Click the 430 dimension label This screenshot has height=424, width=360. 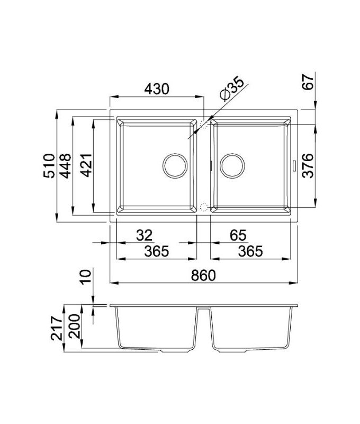[157, 89]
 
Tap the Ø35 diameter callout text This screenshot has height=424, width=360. [232, 89]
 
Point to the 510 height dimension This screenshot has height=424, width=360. [49, 165]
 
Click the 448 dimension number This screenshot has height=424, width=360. [66, 166]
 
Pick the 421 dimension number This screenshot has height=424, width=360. [87, 165]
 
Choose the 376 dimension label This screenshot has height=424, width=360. [308, 165]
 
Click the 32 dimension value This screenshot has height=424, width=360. [145, 235]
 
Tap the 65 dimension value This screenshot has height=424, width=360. [238, 235]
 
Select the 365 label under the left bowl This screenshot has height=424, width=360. [157, 251]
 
